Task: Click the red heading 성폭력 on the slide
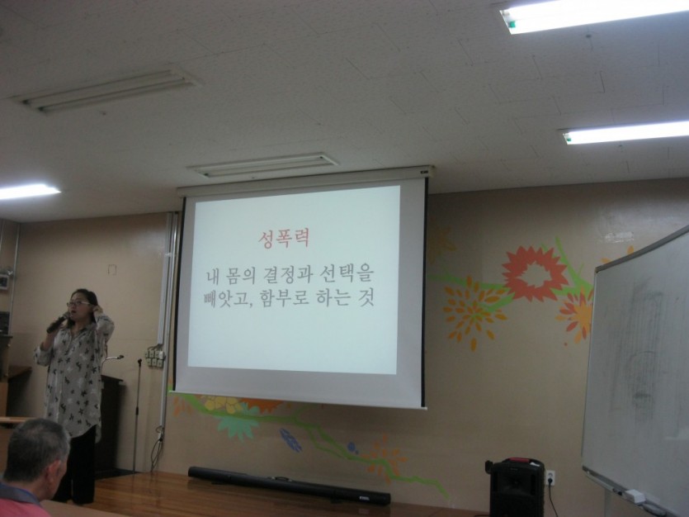[x=284, y=239]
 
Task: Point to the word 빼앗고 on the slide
[x=229, y=299]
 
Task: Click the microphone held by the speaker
[x=57, y=323]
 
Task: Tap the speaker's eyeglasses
[x=78, y=303]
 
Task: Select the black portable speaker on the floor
[x=516, y=486]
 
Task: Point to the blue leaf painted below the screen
[x=290, y=439]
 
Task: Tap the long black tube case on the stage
[x=289, y=486]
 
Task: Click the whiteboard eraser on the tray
[x=635, y=497]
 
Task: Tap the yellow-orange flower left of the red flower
[x=474, y=313]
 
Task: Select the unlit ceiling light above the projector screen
[x=264, y=164]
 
